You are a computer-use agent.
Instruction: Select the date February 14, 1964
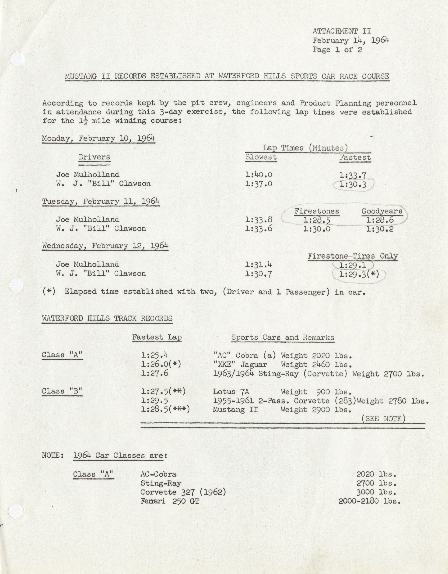(x=351, y=41)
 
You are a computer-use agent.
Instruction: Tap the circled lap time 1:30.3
(x=353, y=185)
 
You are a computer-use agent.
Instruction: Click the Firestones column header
(x=317, y=211)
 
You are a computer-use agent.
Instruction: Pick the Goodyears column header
(x=382, y=211)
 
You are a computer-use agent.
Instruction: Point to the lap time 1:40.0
(x=259, y=175)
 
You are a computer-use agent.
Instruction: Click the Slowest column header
(x=261, y=157)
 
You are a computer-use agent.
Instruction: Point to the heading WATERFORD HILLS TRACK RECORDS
(x=107, y=319)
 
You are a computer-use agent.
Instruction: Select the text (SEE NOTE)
(x=384, y=418)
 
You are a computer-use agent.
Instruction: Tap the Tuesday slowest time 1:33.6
(x=259, y=229)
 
